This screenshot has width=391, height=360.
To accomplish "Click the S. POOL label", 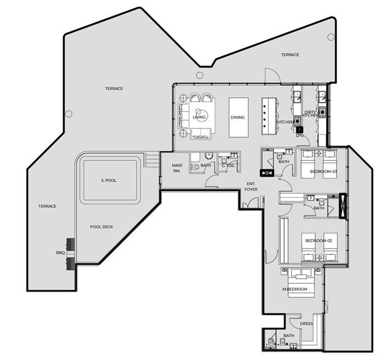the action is (x=109, y=181).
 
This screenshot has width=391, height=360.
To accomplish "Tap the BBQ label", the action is (x=60, y=253).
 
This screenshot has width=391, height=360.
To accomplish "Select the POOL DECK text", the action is (x=101, y=227).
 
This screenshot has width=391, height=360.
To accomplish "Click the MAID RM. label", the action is (x=177, y=168).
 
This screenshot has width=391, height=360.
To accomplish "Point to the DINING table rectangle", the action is (x=239, y=117).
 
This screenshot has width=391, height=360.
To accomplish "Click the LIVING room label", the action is (x=199, y=117).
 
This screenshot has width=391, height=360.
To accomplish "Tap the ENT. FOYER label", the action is (x=251, y=187).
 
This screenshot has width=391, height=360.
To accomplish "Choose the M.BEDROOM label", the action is (x=294, y=289).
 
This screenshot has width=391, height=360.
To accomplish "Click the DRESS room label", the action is (x=306, y=324).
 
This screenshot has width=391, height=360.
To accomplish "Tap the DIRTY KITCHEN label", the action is (x=310, y=114).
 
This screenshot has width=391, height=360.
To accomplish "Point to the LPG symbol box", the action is (x=299, y=130).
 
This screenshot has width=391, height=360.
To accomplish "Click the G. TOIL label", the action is (x=228, y=165).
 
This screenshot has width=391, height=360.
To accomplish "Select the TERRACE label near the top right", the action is (x=290, y=55).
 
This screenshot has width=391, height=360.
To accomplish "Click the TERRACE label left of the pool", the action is (x=47, y=206).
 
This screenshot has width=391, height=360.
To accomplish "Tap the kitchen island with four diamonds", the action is (x=269, y=116).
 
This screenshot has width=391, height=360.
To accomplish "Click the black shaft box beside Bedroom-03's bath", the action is (x=267, y=173).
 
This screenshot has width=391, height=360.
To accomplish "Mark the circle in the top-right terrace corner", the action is (x=331, y=37).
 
